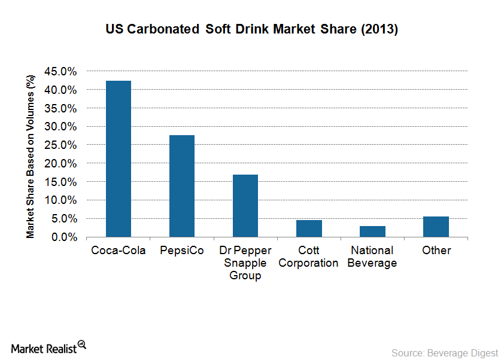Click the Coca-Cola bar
tap(119, 159)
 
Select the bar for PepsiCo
tap(182, 186)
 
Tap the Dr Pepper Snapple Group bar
tap(245, 206)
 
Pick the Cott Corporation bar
tap(309, 228)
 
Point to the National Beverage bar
tap(372, 231)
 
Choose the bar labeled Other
tap(436, 227)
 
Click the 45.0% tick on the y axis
tap(60, 71)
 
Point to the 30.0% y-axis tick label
tap(60, 127)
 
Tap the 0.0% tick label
tap(63, 237)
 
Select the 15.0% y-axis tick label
tap(60, 182)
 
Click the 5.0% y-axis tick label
tap(63, 219)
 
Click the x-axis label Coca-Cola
tap(119, 250)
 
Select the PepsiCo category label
tap(182, 250)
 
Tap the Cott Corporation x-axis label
tap(309, 257)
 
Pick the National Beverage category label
tap(372, 257)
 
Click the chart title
tap(251, 29)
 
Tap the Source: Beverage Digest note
tap(444, 352)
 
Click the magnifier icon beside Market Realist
tap(82, 344)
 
